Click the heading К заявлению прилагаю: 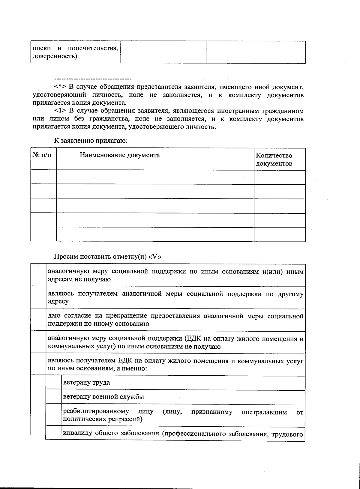(91, 140)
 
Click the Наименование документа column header (120, 155)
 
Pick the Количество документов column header (274, 160)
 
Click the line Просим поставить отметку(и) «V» (109, 257)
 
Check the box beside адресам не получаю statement (38, 275)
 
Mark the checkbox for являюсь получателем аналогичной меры (38, 297)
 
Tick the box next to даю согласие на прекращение (38, 320)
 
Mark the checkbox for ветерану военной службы (53, 397)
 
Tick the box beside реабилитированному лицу (53, 416)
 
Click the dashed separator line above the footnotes (93, 79)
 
